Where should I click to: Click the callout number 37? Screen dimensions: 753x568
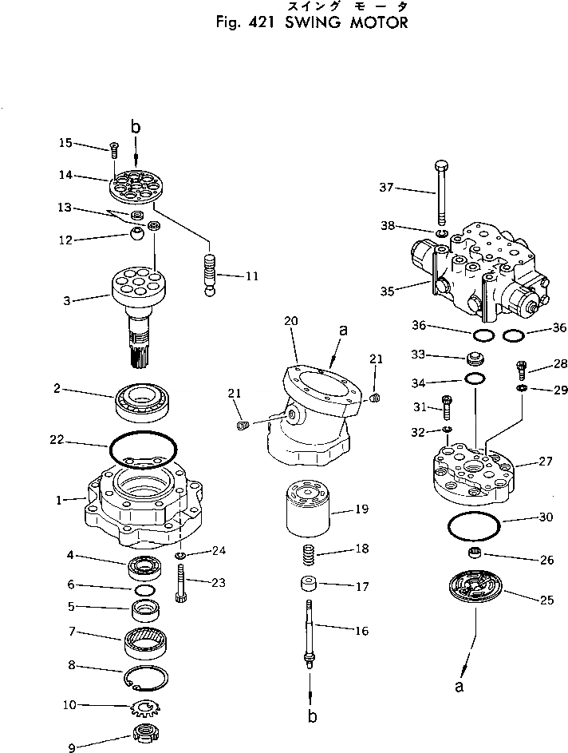click(386, 188)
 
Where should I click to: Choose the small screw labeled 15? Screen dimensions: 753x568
click(113, 147)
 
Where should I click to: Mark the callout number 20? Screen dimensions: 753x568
click(290, 320)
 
